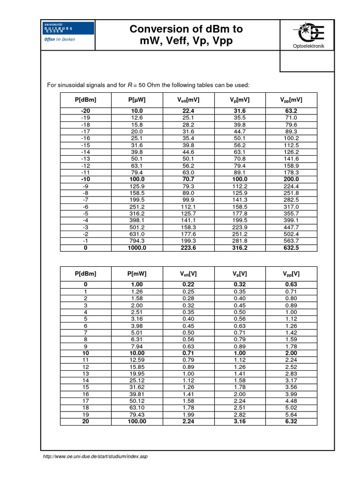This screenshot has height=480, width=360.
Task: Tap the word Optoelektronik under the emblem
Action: [x=307, y=46]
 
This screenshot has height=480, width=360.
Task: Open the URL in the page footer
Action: [x=95, y=456]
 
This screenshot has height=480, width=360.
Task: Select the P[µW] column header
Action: [x=137, y=100]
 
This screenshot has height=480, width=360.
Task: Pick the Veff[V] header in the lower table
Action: [x=188, y=274]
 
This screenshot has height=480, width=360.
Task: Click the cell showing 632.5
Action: [x=291, y=248]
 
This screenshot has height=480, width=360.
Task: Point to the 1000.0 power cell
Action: [x=137, y=248]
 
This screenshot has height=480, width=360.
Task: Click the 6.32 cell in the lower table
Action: [x=291, y=421]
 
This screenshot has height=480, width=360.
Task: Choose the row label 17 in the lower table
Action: [x=85, y=401]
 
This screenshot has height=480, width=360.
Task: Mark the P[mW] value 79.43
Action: [x=137, y=415]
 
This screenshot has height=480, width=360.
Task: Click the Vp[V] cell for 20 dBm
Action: [x=240, y=421]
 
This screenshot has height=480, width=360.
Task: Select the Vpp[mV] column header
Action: [x=291, y=100]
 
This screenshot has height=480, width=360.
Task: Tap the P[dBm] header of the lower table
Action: [x=85, y=274]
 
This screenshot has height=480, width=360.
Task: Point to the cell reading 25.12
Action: [x=137, y=381]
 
